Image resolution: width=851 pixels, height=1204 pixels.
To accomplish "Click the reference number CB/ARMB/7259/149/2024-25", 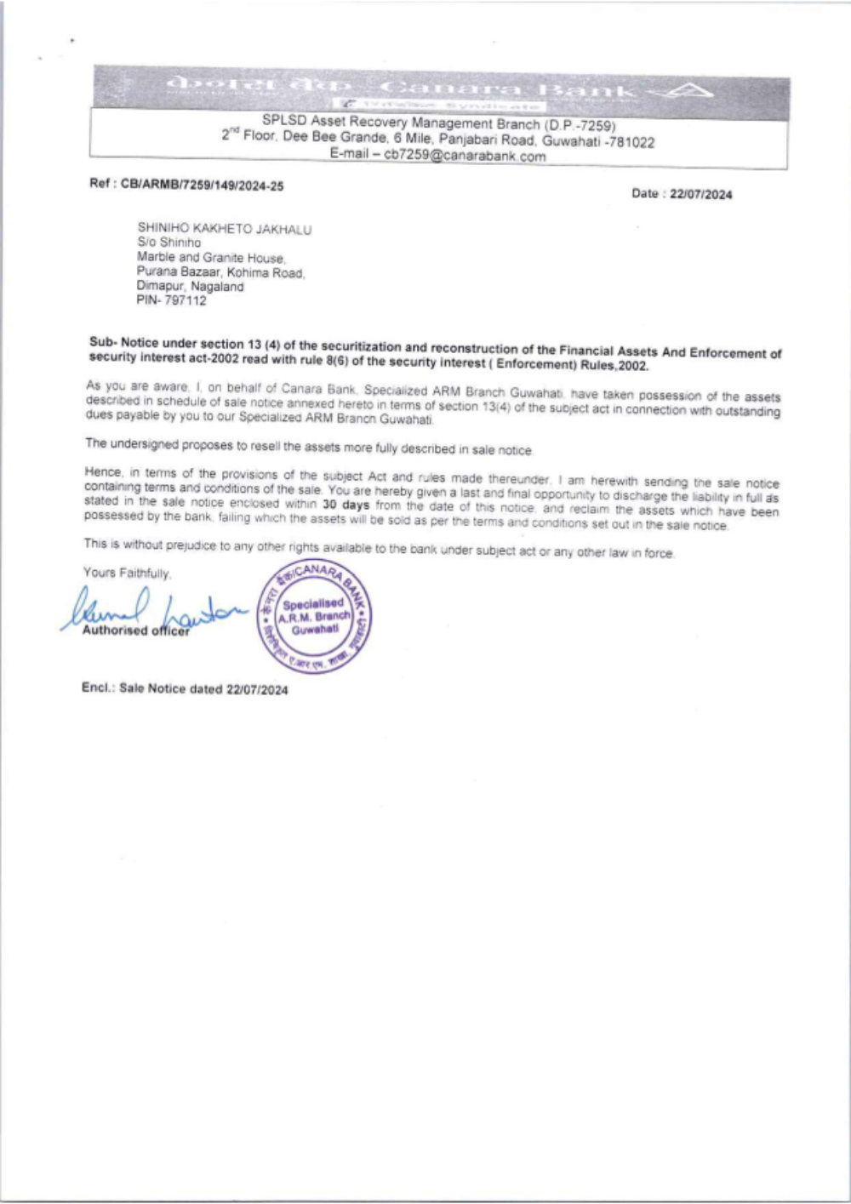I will (203, 185).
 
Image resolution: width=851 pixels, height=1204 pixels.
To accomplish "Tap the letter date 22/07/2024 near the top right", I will (700, 194).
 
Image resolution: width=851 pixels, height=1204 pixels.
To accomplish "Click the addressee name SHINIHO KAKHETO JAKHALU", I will (225, 229).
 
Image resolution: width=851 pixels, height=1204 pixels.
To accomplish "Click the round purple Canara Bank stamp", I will (315, 619).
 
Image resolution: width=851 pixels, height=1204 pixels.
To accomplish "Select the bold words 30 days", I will (346, 505).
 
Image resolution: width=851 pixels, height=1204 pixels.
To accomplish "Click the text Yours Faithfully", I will (127, 573).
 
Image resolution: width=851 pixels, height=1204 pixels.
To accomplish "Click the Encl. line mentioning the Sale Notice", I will (185, 688).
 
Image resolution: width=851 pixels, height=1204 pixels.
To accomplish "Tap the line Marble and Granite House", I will (211, 257).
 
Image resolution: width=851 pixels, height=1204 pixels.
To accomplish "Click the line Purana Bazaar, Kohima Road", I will (220, 272).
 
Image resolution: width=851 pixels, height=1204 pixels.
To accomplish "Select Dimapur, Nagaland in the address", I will (190, 287).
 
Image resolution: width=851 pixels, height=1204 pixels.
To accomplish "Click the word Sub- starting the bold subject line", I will (103, 342).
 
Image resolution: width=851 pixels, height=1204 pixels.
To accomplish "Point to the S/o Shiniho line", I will (169, 243).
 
